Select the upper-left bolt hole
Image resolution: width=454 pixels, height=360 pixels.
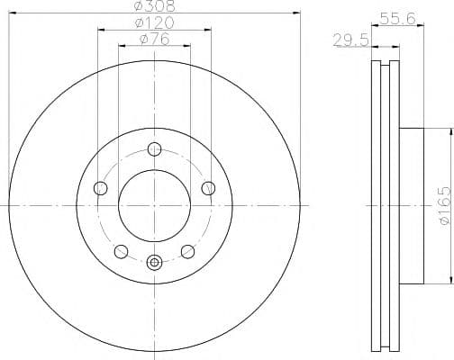pyautogui.click(x=100, y=188)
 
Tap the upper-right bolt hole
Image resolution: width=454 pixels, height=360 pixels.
pyautogui.click(x=208, y=188)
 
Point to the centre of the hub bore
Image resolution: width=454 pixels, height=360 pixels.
pyautogui.click(x=154, y=205)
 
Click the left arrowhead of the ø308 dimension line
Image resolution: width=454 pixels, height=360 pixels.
pyautogui.click(x=10, y=13)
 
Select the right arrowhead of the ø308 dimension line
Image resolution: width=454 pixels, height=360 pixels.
pyautogui.click(x=296, y=13)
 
